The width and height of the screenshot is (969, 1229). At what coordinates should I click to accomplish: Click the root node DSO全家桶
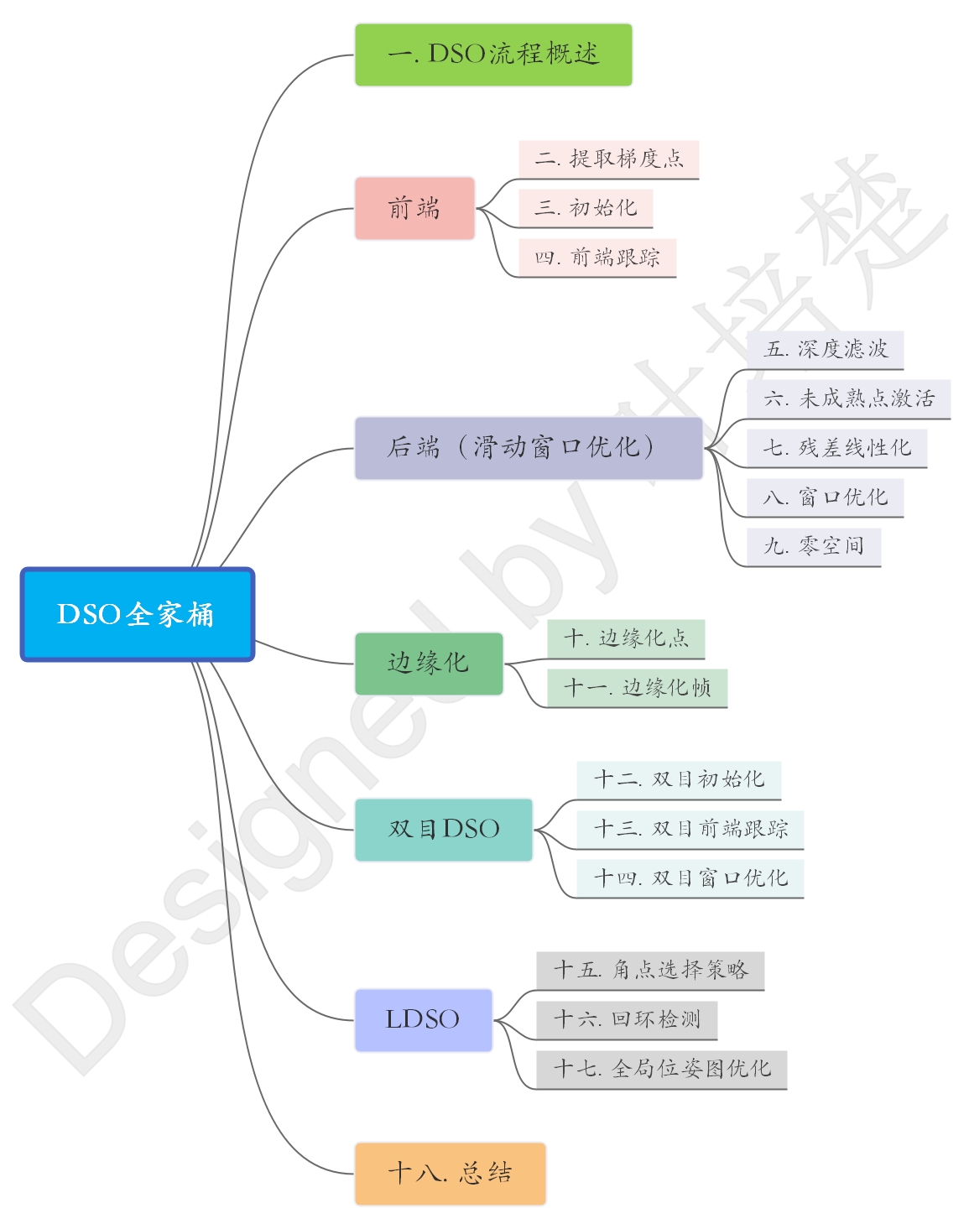coord(137,614)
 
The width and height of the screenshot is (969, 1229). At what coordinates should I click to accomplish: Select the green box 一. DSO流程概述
coord(493,55)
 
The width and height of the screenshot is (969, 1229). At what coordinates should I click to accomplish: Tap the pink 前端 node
coord(414,208)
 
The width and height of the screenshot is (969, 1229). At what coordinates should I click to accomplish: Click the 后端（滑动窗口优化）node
coord(529,448)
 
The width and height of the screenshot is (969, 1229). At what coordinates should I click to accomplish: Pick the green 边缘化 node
coord(429,664)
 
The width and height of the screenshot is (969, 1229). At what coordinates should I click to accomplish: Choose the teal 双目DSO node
coord(444,830)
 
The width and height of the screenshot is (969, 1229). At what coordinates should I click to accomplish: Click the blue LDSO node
coord(423,1020)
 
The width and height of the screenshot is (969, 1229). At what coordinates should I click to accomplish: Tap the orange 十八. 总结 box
coord(450,1174)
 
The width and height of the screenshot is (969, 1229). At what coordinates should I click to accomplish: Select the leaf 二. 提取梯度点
coord(609,159)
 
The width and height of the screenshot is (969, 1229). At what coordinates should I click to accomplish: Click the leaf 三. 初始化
coord(586,208)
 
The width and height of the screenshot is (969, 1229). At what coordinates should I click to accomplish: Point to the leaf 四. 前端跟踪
coord(597,258)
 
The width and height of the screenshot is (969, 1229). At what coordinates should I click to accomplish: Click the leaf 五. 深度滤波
coord(826,349)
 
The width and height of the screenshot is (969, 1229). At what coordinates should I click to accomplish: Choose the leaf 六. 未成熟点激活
coord(848,398)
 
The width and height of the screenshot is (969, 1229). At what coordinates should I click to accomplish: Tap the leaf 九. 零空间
coord(814,547)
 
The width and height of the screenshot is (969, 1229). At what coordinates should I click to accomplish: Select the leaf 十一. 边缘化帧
coord(638,688)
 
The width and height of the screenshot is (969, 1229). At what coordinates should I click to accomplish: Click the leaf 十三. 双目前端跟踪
coord(690,830)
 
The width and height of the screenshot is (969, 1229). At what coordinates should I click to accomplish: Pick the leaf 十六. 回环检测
coord(627,1020)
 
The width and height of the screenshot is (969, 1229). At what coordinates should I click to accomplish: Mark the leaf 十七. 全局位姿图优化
coord(662,1070)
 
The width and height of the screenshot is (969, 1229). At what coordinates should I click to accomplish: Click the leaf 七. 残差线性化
coord(836,448)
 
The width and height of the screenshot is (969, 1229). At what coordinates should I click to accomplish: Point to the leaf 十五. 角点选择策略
coord(650,971)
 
